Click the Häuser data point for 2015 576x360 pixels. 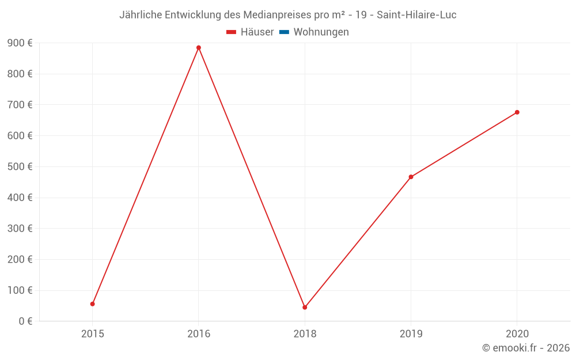93,304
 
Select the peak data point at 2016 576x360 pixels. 199,48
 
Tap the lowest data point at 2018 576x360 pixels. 305,307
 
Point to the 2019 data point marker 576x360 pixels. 411,177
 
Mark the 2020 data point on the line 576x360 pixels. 517,112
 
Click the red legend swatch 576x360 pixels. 232,32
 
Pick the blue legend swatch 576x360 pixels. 284,32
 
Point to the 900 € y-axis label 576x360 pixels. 20,43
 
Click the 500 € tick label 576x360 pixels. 20,166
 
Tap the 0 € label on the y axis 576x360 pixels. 25,321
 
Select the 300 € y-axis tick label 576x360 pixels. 20,229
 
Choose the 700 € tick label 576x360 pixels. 20,105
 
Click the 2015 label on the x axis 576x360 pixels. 93,334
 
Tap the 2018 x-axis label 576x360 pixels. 305,334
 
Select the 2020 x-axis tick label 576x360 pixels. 517,334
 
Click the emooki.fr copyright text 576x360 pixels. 526,348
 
